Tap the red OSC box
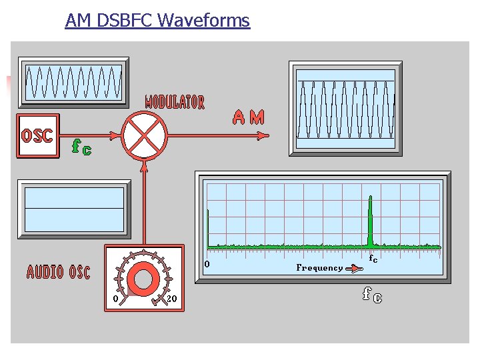37,136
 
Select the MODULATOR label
175,102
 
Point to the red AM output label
248,118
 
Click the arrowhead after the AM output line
263,136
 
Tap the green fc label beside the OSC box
81,147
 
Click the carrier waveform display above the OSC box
73,82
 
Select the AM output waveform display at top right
345,109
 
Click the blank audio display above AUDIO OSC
74,208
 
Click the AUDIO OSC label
58,272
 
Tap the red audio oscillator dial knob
143,279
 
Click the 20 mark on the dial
171,299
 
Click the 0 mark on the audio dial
116,299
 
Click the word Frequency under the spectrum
319,267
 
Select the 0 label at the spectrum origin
207,264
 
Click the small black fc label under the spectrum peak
373,259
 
